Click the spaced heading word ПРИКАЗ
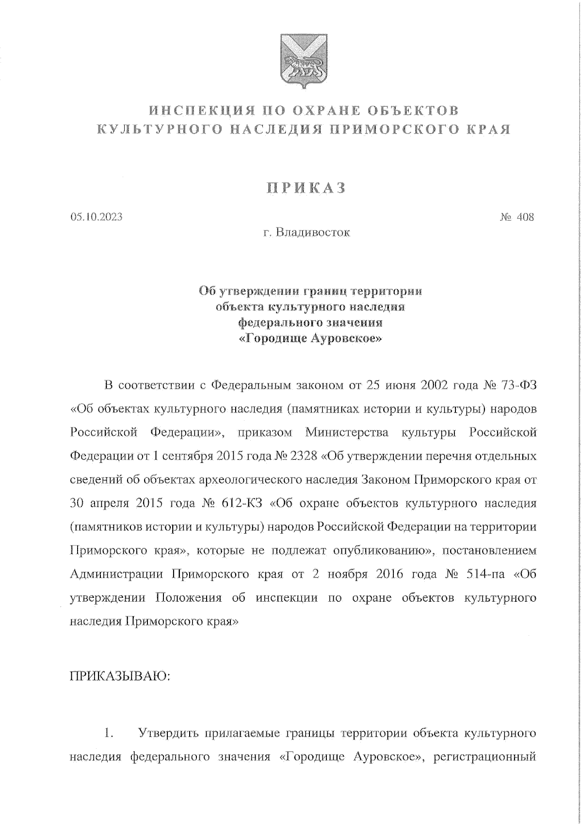(x=304, y=188)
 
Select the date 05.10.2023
(x=96, y=217)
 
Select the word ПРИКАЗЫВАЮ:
(x=120, y=676)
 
